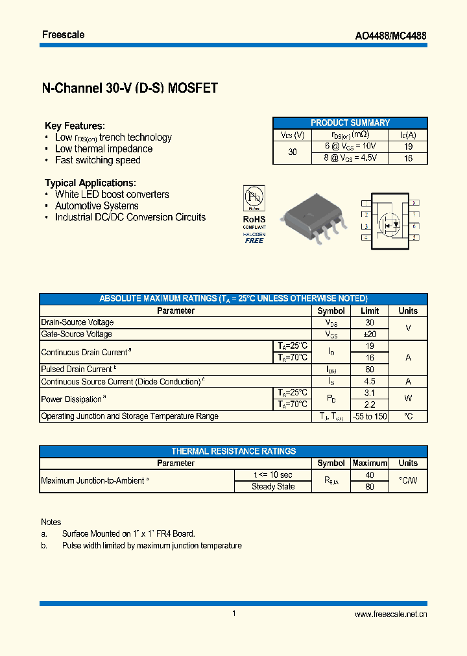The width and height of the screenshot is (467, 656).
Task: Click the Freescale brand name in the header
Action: pyautogui.click(x=64, y=34)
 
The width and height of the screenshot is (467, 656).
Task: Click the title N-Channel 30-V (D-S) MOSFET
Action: pyautogui.click(x=129, y=88)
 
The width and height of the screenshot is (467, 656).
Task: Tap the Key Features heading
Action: pyautogui.click(x=75, y=126)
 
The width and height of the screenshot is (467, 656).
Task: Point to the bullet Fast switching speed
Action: pyautogui.click(x=97, y=160)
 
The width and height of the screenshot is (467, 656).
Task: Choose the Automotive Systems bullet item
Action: pyautogui.click(x=97, y=205)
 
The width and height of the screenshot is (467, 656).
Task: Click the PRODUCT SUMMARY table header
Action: pyautogui.click(x=350, y=123)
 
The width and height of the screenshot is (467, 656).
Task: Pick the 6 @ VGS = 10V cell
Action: pyautogui.click(x=350, y=146)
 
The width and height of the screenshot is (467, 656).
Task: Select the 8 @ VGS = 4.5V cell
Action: pyautogui.click(x=350, y=158)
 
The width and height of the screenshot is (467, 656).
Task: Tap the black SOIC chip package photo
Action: pyautogui.click(x=310, y=217)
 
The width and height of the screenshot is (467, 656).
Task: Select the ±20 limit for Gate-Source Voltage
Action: pyautogui.click(x=369, y=334)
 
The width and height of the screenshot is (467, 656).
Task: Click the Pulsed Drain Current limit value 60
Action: pyautogui.click(x=369, y=369)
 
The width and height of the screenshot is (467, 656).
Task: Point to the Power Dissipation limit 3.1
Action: pyautogui.click(x=369, y=393)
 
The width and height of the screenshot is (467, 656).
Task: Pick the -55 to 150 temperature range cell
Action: pyautogui.click(x=369, y=416)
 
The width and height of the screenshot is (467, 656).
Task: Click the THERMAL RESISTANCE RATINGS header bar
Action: pyautogui.click(x=233, y=451)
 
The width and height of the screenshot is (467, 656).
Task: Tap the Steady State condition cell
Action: pyautogui.click(x=273, y=487)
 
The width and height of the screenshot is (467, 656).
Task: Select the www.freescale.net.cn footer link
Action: pyautogui.click(x=391, y=615)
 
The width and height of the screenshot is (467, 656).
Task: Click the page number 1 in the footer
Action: pyautogui.click(x=233, y=613)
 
